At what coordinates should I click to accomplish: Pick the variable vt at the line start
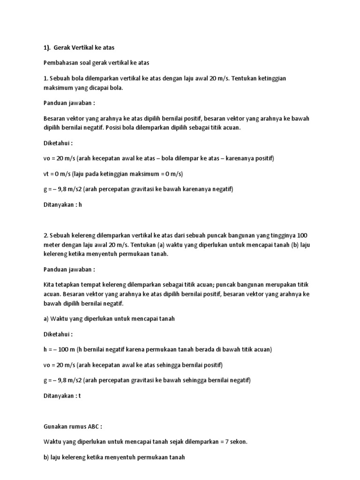point(46,174)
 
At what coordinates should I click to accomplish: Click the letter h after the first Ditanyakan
point(80,204)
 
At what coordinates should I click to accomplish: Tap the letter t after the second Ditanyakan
point(80,396)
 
